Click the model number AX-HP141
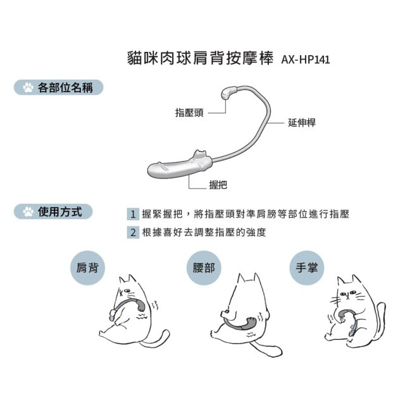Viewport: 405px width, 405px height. (305, 59)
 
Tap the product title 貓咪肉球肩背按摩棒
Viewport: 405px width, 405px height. (200, 58)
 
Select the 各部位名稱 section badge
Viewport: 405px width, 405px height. (58, 87)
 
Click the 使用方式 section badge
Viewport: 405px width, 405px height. (53, 211)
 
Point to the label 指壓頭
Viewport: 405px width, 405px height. (189, 113)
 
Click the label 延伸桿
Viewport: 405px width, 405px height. (302, 122)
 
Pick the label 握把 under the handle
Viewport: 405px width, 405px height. (218, 185)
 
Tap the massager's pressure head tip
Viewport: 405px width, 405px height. (228, 93)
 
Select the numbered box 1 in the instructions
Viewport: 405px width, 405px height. (133, 214)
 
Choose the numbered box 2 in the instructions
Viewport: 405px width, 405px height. (133, 232)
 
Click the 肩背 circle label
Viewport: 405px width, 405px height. (87, 268)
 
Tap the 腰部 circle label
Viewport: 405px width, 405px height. (204, 268)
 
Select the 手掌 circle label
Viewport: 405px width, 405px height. (306, 268)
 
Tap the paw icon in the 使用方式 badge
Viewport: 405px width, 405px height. (28, 211)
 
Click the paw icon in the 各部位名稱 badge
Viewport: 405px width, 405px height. (28, 87)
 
